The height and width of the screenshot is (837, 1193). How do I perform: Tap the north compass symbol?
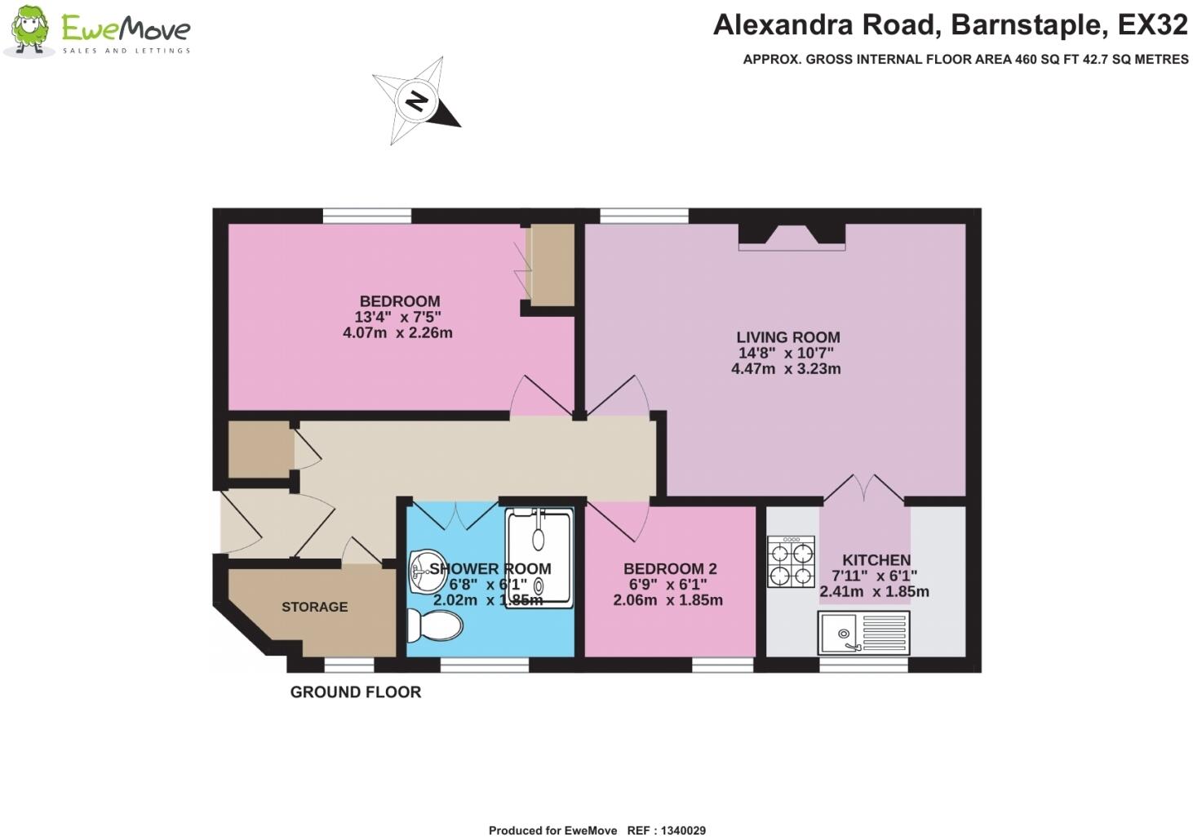coord(417,102)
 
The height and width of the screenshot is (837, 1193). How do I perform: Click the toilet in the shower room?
coord(434,626)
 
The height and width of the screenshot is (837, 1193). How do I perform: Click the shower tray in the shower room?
coord(539,558)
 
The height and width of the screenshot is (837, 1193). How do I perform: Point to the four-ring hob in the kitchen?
coord(791,562)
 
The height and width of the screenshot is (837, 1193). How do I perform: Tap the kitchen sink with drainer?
coord(863,633)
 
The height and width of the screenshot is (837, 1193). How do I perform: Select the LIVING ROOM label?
coord(787,337)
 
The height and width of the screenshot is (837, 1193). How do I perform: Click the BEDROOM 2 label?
coord(670,568)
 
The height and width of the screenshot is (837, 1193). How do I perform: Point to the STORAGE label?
coord(314,607)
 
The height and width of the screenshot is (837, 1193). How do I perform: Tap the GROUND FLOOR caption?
coord(356,692)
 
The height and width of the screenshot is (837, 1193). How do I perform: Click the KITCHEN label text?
coord(876,560)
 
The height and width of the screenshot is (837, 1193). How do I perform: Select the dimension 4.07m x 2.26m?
coord(397,332)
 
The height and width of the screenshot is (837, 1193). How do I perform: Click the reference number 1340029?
coord(677,830)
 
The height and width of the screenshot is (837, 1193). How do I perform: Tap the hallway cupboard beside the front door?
coord(259,449)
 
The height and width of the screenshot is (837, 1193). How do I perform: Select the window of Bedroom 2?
coord(722,666)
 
